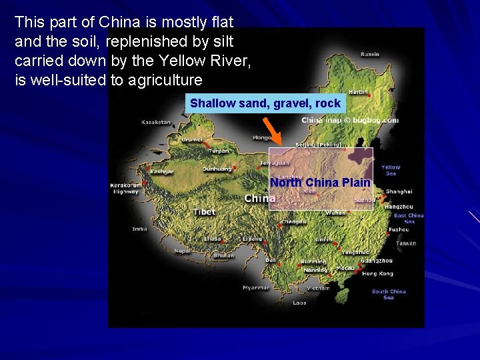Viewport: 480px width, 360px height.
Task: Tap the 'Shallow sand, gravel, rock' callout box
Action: (x=265, y=103)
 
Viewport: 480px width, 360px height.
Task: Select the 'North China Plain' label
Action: (x=320, y=182)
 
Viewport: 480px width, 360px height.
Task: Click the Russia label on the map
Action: (x=370, y=54)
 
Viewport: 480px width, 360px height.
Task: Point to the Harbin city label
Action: (x=358, y=91)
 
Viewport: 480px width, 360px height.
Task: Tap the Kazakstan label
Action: (x=156, y=122)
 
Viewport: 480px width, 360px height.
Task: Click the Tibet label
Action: (x=204, y=211)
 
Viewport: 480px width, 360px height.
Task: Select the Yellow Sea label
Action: (x=391, y=171)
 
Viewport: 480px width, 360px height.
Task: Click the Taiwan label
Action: (x=405, y=243)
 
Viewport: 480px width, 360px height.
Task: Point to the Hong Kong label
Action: (x=377, y=273)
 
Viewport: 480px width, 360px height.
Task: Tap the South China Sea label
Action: (x=389, y=294)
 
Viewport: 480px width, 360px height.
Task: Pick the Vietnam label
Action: (x=317, y=288)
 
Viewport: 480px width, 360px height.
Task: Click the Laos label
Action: (x=299, y=303)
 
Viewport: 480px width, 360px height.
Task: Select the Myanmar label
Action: (x=256, y=287)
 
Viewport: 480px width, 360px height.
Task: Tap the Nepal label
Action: (x=182, y=251)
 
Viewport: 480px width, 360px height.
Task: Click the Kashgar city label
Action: (x=161, y=171)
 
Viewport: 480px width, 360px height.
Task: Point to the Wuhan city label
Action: (x=335, y=213)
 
